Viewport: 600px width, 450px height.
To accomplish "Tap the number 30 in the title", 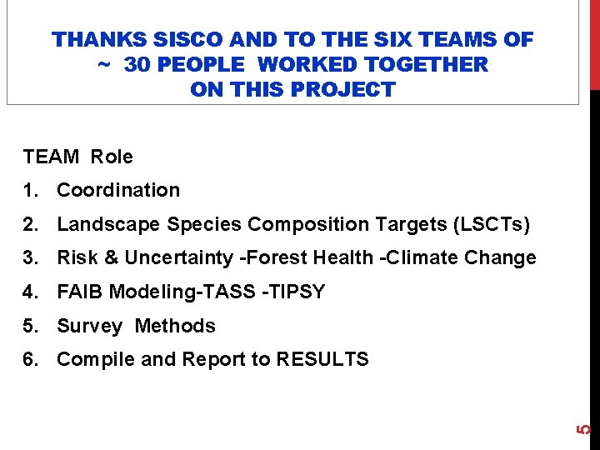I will click(140, 64).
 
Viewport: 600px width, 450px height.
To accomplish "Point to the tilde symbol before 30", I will click(105, 64).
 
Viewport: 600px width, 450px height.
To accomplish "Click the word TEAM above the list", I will click(51, 157).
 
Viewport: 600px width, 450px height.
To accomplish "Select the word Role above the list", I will click(112, 157).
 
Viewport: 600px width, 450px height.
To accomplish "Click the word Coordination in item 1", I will click(118, 190).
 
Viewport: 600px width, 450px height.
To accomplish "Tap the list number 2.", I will click(31, 224).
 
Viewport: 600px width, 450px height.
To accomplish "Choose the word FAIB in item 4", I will click(79, 292).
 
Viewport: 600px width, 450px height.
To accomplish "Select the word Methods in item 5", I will click(175, 327).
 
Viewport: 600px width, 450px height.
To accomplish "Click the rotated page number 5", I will click(584, 429).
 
